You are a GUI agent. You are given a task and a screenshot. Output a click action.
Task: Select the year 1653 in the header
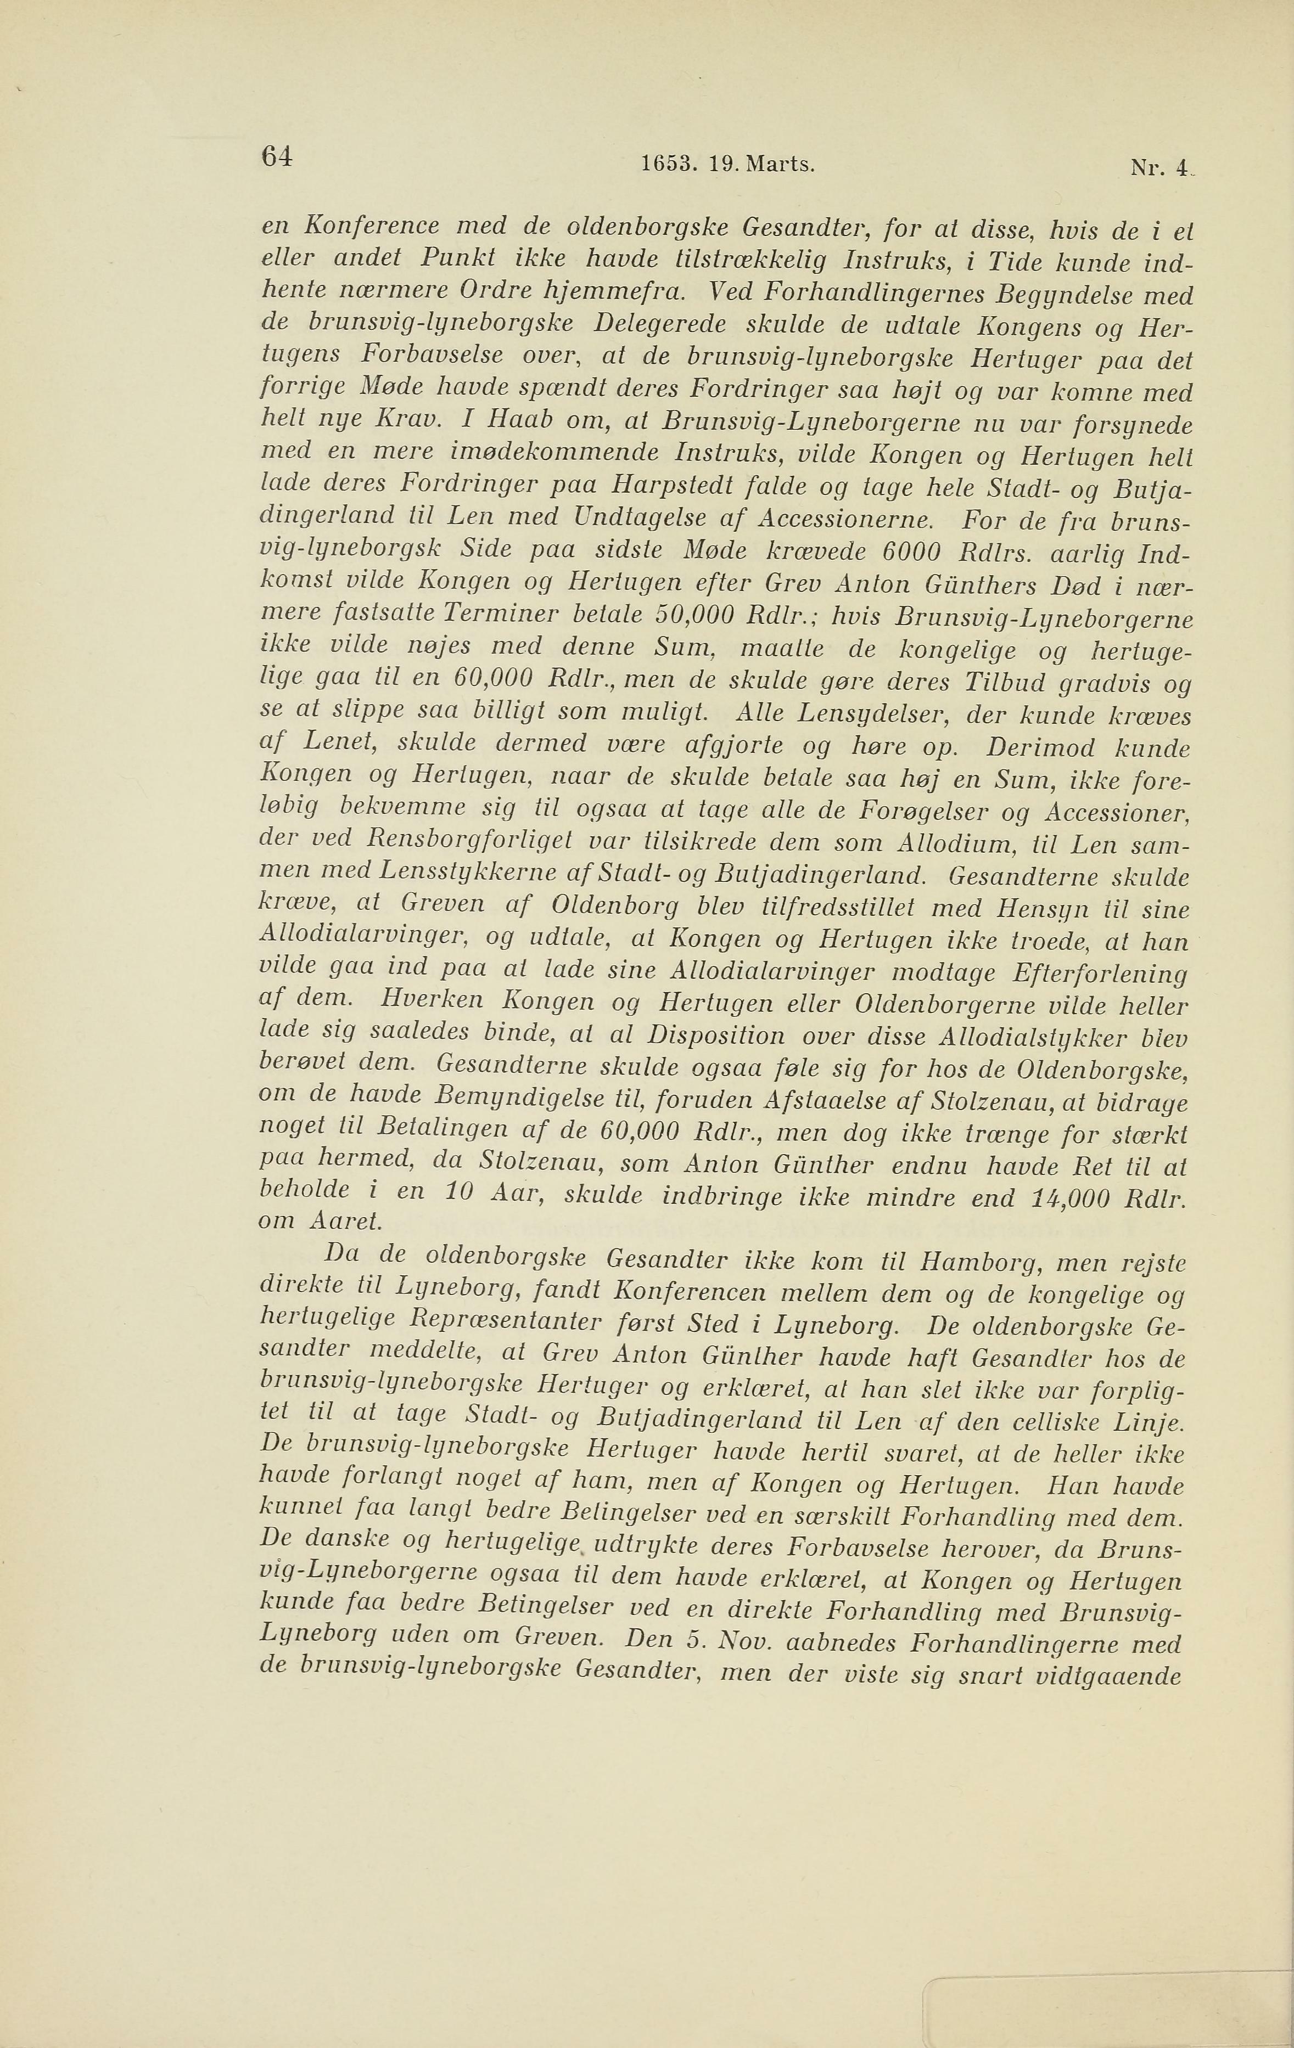tap(664, 164)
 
